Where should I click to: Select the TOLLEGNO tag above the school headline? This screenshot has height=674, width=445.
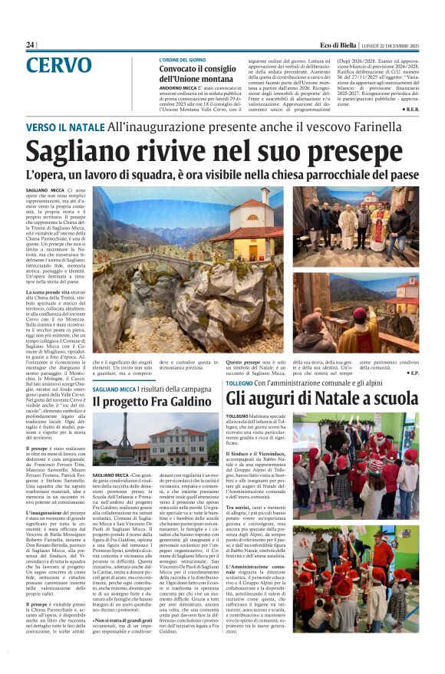click(x=239, y=382)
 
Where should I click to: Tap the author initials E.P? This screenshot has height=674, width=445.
click(x=413, y=373)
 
